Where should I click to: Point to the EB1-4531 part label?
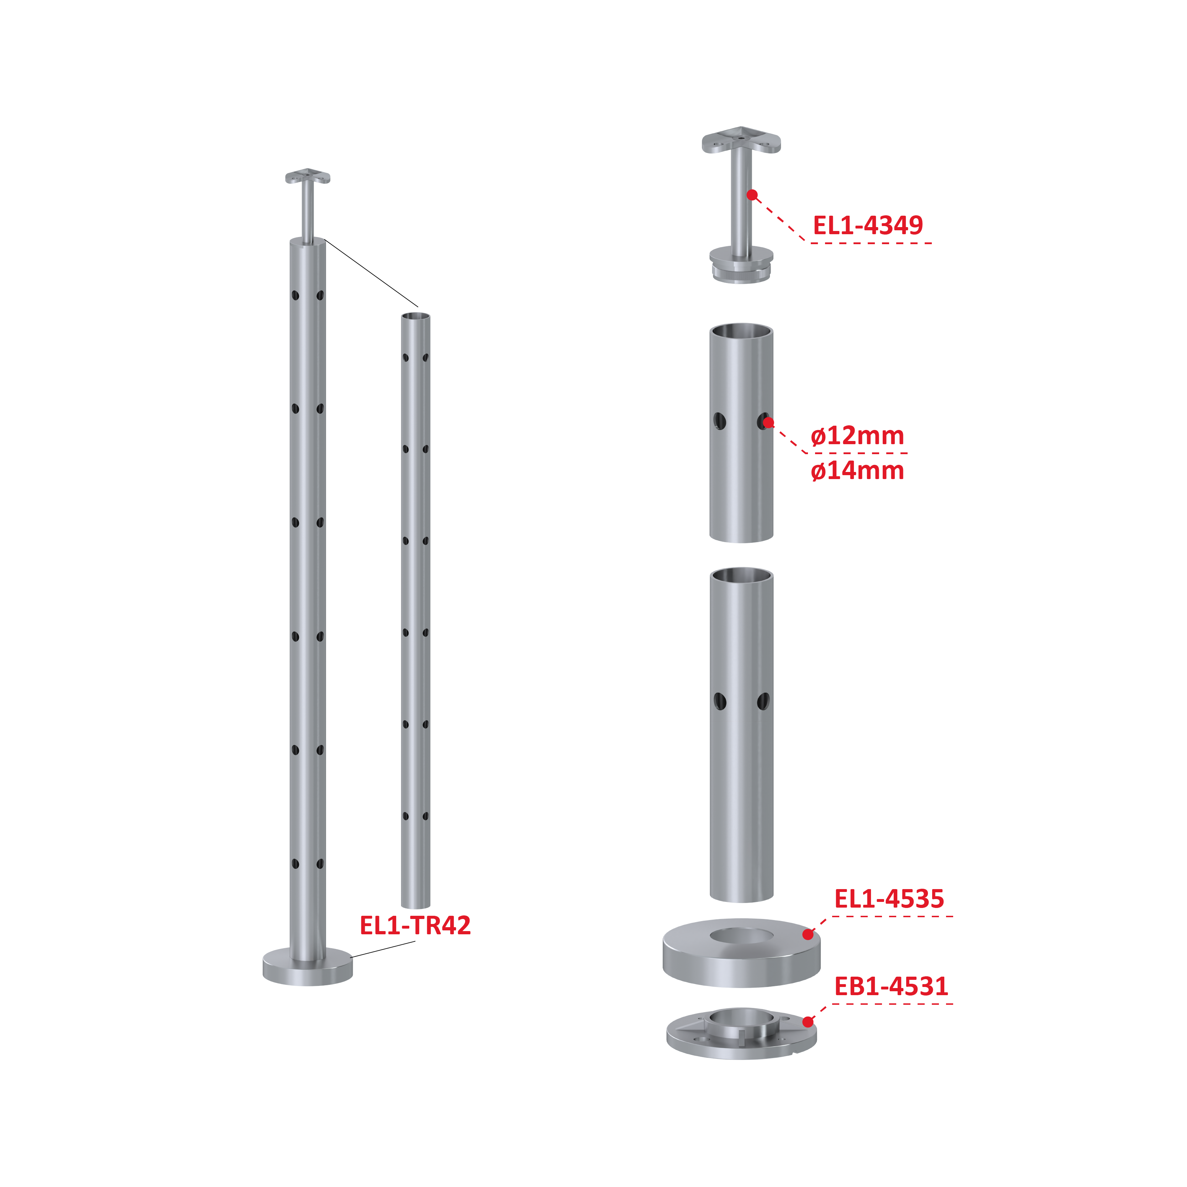(891, 986)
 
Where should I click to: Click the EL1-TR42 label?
(415, 925)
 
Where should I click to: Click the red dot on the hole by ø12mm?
(768, 423)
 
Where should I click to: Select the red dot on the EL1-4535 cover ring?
(808, 935)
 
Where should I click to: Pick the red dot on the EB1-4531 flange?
(808, 1022)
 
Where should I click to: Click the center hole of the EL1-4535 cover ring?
(742, 936)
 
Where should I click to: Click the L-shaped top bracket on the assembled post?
(308, 178)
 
